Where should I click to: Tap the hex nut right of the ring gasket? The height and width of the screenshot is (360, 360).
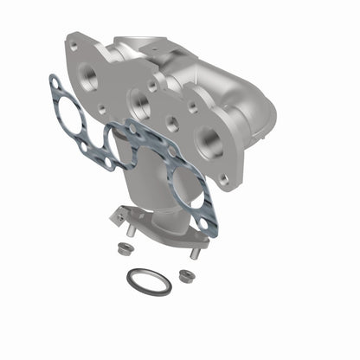[x=184, y=275]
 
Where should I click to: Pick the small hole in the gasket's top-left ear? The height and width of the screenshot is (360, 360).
[x=55, y=81]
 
